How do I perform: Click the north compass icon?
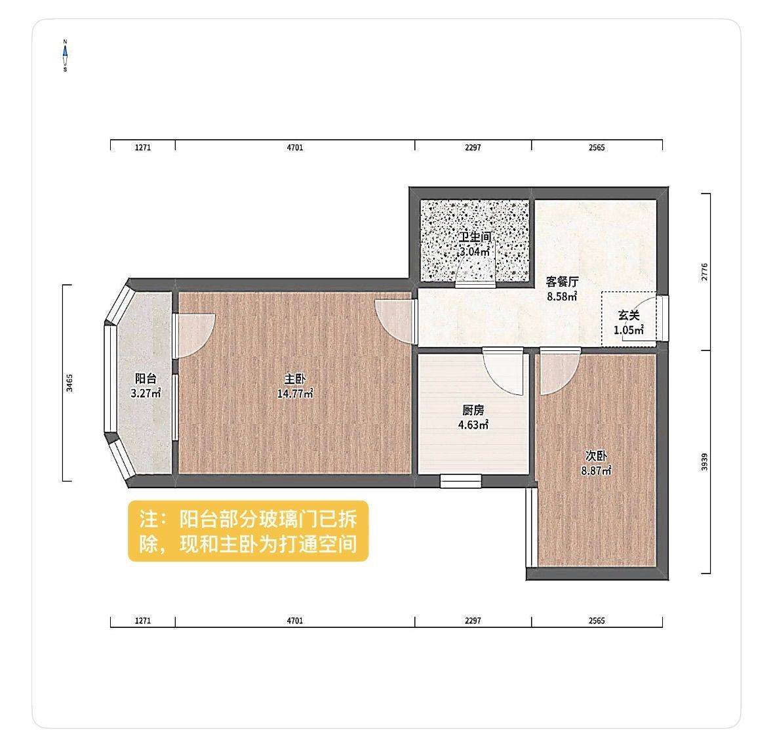click(x=65, y=55)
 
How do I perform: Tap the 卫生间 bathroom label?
click(x=475, y=237)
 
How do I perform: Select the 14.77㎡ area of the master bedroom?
click(x=295, y=394)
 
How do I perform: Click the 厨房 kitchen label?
click(x=473, y=410)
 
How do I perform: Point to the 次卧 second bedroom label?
click(x=596, y=456)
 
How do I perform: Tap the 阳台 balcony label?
click(x=146, y=379)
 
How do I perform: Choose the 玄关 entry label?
click(x=629, y=316)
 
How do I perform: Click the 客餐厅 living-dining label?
click(x=562, y=281)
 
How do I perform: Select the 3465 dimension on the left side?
click(x=69, y=383)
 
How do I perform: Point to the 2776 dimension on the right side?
click(x=704, y=272)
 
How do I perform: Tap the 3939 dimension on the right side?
click(x=704, y=462)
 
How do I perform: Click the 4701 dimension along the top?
click(x=295, y=148)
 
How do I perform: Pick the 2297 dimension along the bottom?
click(x=473, y=621)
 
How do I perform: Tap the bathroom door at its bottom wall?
click(x=475, y=285)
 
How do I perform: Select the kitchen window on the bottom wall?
click(x=460, y=480)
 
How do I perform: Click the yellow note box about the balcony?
click(x=248, y=531)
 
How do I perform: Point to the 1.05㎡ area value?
click(x=629, y=330)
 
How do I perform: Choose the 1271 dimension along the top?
click(x=142, y=148)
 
